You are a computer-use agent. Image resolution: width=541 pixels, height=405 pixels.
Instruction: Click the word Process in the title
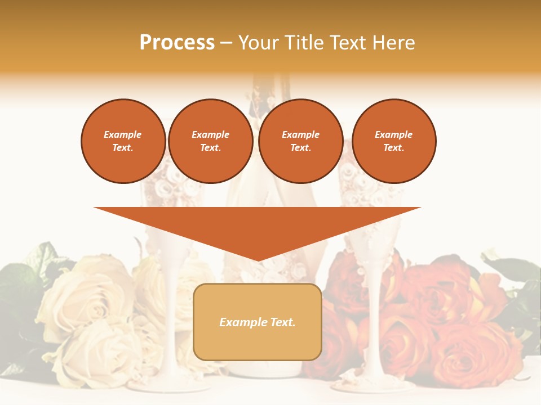(177, 43)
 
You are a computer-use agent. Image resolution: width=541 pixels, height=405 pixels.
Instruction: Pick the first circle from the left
(123, 141)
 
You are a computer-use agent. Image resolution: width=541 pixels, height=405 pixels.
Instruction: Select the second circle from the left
(211, 141)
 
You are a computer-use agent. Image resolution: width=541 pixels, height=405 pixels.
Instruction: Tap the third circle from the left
(301, 141)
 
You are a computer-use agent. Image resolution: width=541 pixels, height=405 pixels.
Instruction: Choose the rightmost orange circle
(394, 141)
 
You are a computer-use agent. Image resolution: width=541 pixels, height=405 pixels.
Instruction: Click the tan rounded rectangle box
(258, 322)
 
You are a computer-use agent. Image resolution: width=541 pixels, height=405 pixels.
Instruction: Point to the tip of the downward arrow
(258, 259)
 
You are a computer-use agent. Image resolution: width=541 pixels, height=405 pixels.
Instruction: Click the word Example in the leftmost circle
(123, 135)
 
